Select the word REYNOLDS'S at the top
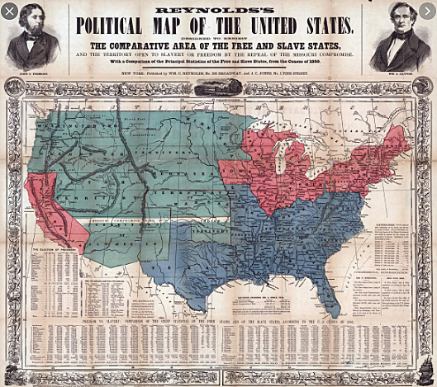(217, 6)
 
